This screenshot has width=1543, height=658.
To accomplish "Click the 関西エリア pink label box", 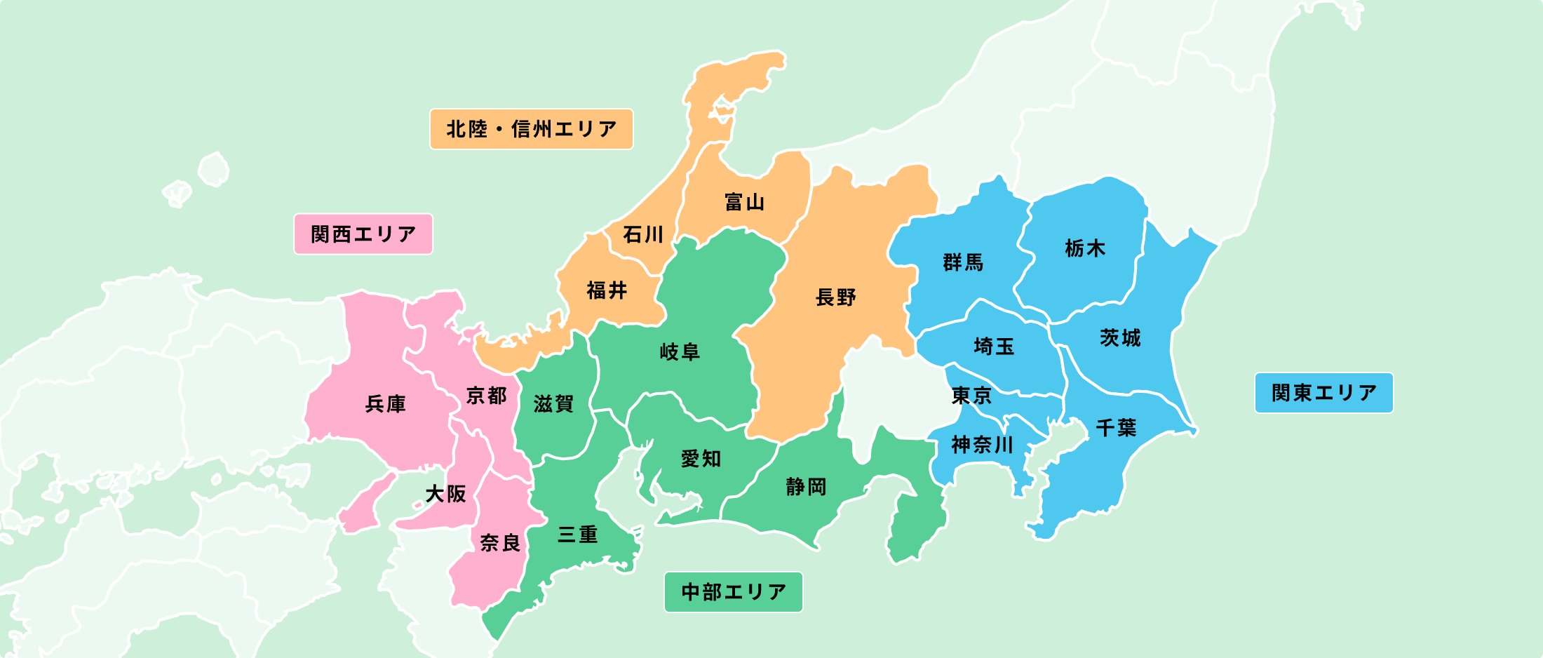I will (363, 234).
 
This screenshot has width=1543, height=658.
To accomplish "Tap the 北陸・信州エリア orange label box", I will (531, 129).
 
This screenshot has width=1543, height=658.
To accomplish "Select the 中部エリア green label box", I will (733, 592).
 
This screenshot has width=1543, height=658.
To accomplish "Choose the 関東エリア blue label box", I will (1323, 393).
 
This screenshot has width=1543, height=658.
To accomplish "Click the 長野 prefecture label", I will (836, 297).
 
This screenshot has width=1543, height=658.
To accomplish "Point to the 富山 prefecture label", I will (744, 203).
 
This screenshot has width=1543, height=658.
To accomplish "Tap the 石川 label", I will (642, 234).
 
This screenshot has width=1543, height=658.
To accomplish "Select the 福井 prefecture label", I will (607, 290).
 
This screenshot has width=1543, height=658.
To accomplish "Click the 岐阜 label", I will (680, 351).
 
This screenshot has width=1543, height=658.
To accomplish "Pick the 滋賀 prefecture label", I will (553, 403).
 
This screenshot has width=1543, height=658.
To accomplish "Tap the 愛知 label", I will (701, 459).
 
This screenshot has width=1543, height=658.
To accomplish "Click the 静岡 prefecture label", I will (806, 487).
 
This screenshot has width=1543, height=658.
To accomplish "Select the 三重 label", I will (577, 535).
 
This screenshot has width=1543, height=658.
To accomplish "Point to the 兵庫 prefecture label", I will (385, 404).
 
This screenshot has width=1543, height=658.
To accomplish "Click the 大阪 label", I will (445, 494).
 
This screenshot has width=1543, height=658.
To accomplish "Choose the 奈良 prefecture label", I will (499, 542).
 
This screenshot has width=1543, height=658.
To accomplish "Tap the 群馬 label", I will (963, 262).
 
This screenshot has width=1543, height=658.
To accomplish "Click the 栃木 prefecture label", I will (1084, 248).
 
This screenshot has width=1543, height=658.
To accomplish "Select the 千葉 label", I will (1116, 427).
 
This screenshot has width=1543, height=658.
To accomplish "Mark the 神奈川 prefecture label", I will (982, 445).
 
